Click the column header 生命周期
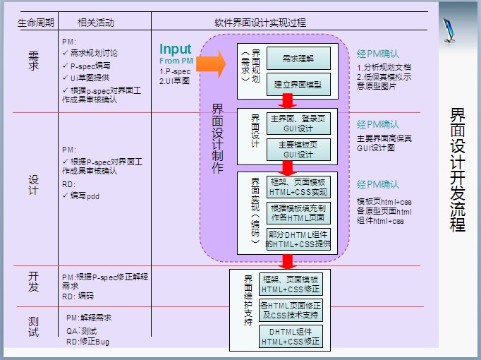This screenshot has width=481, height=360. [x=35, y=22]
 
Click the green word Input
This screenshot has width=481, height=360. [x=175, y=49]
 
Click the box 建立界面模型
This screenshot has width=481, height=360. [x=298, y=84]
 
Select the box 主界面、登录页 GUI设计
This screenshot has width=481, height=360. [x=298, y=123]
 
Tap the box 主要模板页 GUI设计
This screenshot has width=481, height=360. [x=298, y=150]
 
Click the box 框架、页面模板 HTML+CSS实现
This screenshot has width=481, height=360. [x=298, y=186]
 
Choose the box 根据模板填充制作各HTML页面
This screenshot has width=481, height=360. [x=298, y=212]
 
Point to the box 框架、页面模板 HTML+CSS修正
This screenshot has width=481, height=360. [x=291, y=284]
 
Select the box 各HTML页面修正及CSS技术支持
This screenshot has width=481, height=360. [x=291, y=310]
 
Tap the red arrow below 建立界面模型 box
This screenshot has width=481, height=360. [x=287, y=100]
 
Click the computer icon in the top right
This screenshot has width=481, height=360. [x=451, y=29]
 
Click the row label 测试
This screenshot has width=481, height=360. [x=33, y=327]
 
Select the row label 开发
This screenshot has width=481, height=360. [x=33, y=281]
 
